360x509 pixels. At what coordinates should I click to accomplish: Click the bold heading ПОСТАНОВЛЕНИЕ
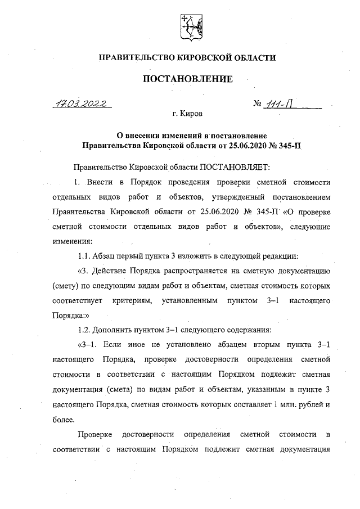pyautogui.click(x=188, y=79)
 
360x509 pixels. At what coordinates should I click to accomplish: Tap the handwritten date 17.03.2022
pyautogui.click(x=82, y=103)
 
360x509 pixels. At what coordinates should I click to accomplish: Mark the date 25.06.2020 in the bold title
pyautogui.click(x=235, y=146)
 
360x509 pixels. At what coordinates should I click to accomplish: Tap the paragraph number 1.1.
pyautogui.click(x=86, y=256)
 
